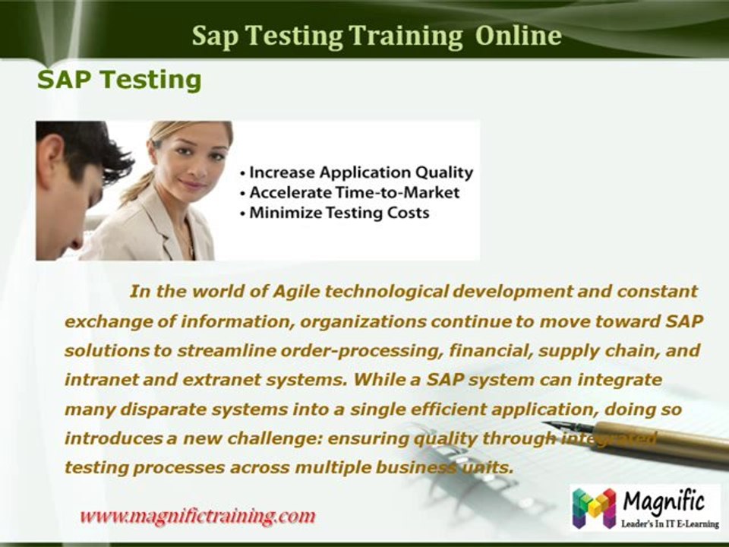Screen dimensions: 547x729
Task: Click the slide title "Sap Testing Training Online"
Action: [377, 35]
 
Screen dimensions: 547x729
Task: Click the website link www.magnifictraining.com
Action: [197, 517]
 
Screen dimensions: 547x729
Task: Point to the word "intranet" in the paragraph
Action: [96, 378]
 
